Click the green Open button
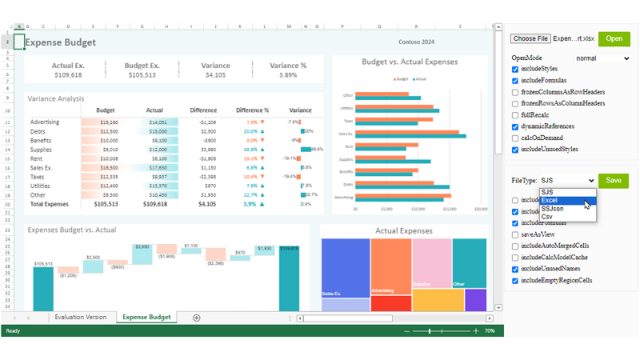point(614,38)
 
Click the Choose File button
point(530,38)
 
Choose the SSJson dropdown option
point(552,208)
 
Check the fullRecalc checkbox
point(516,115)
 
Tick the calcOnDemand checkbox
point(516,138)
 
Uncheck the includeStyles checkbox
point(516,70)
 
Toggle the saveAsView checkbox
point(516,234)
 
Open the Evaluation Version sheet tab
point(80,318)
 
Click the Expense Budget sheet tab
point(146,318)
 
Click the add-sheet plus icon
point(197,318)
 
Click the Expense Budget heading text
point(61,42)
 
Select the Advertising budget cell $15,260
point(109,122)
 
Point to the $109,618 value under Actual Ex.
point(68,75)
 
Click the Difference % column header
point(253,110)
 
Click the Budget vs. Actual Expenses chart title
point(410,62)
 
